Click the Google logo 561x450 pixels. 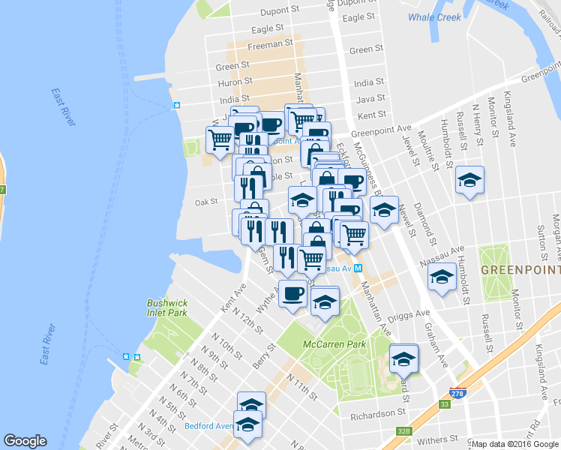[x=25, y=440]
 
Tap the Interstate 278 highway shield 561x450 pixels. [x=456, y=393]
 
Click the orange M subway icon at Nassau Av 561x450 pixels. [x=358, y=268]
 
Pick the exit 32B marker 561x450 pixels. [x=405, y=431]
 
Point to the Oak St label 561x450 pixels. [x=205, y=202]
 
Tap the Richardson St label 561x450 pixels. [x=379, y=412]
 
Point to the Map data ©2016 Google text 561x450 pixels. [x=514, y=444]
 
